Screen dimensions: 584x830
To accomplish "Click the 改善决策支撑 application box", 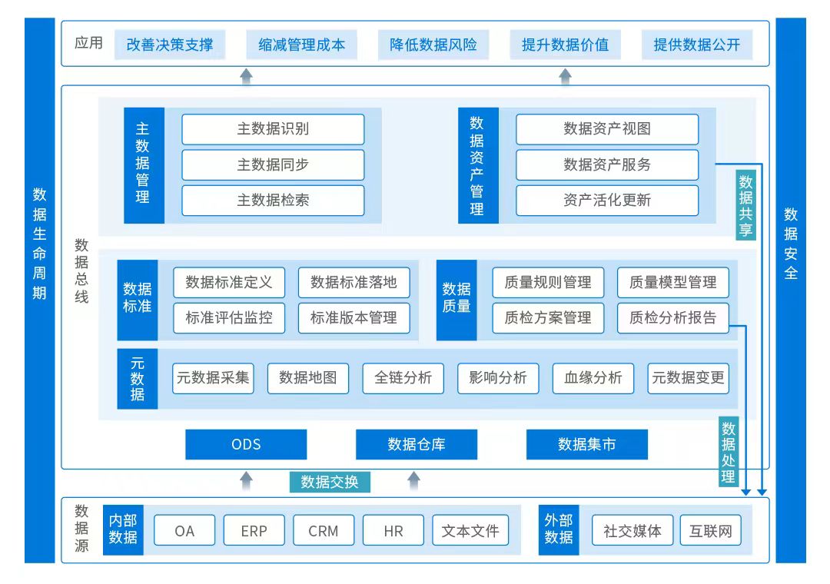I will (170, 45).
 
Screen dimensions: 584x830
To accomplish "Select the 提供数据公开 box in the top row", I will (696, 45).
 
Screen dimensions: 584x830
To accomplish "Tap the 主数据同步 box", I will (273, 165).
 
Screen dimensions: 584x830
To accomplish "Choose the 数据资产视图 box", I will (607, 129).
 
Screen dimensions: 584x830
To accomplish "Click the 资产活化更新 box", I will (607, 201).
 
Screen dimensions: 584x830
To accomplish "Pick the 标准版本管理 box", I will (354, 318).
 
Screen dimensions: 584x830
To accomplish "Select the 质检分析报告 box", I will (672, 318).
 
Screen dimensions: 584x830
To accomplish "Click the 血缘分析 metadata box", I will (593, 378).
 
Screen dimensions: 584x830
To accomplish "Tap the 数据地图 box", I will (307, 378).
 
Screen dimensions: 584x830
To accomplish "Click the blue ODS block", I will (246, 444).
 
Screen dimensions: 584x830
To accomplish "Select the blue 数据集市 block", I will (586, 444).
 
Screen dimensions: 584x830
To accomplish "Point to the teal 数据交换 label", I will (330, 482).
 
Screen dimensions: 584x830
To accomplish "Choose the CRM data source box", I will (323, 531).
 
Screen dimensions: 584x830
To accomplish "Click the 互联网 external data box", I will (710, 531).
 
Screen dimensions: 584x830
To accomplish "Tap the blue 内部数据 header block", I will (123, 529).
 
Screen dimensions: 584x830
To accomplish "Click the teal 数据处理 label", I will (729, 453).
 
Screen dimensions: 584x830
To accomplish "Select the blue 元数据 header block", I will (137, 378).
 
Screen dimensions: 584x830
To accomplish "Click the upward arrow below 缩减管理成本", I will (246, 75).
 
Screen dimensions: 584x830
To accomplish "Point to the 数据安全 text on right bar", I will (791, 243).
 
